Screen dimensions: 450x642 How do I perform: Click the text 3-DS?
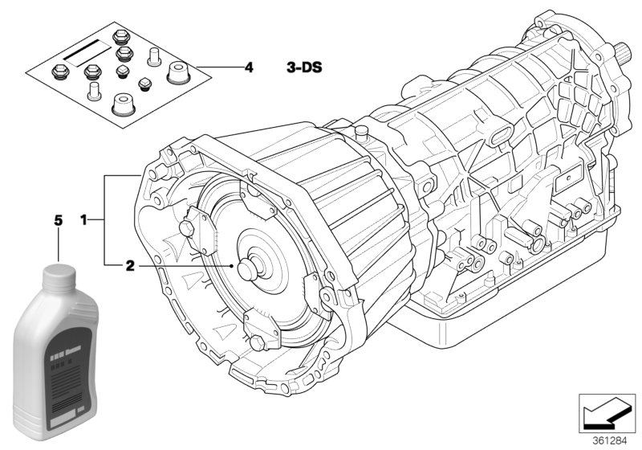(x=304, y=67)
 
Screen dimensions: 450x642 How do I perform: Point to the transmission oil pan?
(x=514, y=305)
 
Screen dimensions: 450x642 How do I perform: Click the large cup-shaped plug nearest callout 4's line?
(x=177, y=74)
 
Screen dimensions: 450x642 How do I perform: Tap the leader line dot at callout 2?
(x=231, y=264)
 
